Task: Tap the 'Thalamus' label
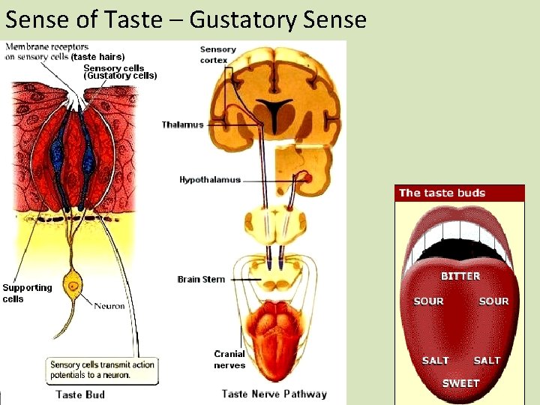[182, 124]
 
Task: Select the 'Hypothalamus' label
[210, 180]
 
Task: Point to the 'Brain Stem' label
[201, 279]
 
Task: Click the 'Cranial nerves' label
[229, 359]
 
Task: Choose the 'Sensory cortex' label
[217, 55]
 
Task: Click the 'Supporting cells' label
[27, 293]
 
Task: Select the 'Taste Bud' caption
[80, 394]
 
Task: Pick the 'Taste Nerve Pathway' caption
[274, 394]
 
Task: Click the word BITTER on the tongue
[460, 276]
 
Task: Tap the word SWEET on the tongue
[460, 383]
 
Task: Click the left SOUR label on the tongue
[429, 301]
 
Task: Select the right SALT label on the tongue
[487, 361]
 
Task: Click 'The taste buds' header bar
[460, 193]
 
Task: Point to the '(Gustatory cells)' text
[120, 76]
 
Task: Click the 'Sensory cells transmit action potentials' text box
[102, 370]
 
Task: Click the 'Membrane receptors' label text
[46, 46]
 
